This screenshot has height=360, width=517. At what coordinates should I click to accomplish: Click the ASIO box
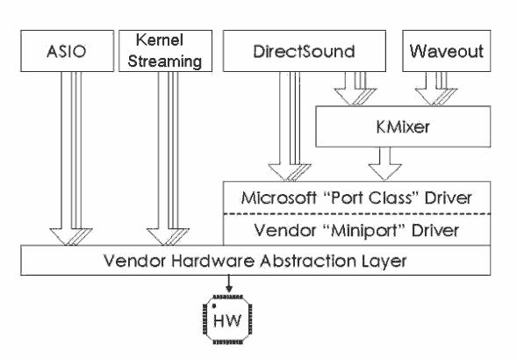pos(67,51)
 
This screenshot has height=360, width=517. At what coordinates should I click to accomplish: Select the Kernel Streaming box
pos(165,51)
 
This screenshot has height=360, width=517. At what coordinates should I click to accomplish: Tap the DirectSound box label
pos(304,52)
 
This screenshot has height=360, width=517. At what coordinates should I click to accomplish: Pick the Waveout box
pos(447,51)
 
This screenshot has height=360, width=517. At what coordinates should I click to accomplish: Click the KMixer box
pos(403,126)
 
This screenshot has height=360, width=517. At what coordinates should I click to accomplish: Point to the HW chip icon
pos(227,320)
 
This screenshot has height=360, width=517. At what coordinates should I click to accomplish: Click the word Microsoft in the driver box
pos(279,198)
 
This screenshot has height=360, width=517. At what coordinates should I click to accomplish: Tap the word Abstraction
pos(308,261)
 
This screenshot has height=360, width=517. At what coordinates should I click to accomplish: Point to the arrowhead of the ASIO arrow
pos(71,237)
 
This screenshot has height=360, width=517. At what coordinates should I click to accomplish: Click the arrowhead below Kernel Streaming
pos(168,237)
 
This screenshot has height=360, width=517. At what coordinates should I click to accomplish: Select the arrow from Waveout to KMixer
pos(436,89)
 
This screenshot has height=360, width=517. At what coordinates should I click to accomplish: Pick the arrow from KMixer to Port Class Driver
pos(384,163)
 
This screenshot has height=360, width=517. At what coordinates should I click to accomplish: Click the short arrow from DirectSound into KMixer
pos(355,89)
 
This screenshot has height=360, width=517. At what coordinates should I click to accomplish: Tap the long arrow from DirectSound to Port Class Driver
pos(290,126)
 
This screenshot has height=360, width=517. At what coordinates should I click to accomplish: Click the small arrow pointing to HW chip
pos(229,284)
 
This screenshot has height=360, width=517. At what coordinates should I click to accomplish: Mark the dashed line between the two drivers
pos(357,214)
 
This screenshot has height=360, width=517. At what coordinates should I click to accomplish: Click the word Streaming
pos(165,61)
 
